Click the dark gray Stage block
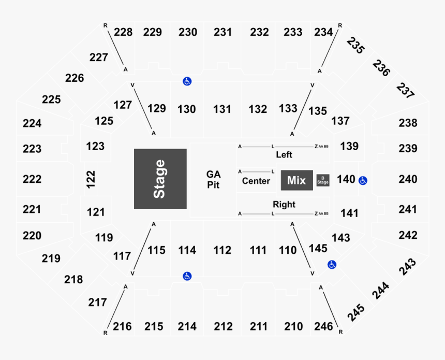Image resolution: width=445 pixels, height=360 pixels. pos(160,179)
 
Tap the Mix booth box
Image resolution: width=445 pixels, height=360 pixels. pos(296,180)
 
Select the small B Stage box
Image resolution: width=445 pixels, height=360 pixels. pos(323,180)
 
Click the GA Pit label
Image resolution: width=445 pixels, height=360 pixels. pos(213,180)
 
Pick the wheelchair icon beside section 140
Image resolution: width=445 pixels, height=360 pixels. pos(363,180)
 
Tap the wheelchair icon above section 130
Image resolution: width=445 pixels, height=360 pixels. pos(187,81)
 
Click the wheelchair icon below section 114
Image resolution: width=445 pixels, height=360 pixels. pos(187,276)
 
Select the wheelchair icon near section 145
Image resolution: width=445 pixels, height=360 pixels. pos(332,265)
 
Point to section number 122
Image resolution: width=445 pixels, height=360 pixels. pos(91,179)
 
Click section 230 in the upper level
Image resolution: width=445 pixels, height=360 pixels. pos(188,32)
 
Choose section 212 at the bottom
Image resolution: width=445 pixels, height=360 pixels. pos(223,326)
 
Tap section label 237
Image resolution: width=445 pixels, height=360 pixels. pos(406,91)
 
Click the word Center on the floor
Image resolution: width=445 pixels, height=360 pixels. pos(256,181)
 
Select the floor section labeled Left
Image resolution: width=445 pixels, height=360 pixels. pos(284,154)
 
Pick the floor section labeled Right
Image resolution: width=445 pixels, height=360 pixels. pos(284,205)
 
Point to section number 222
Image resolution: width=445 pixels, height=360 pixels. pos(32,179)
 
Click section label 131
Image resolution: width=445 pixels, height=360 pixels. pos(222,109)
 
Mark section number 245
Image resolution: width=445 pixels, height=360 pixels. pos(357,311)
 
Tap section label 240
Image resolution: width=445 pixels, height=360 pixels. pos(408,179)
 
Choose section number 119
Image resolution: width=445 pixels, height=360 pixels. pos(104,238)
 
